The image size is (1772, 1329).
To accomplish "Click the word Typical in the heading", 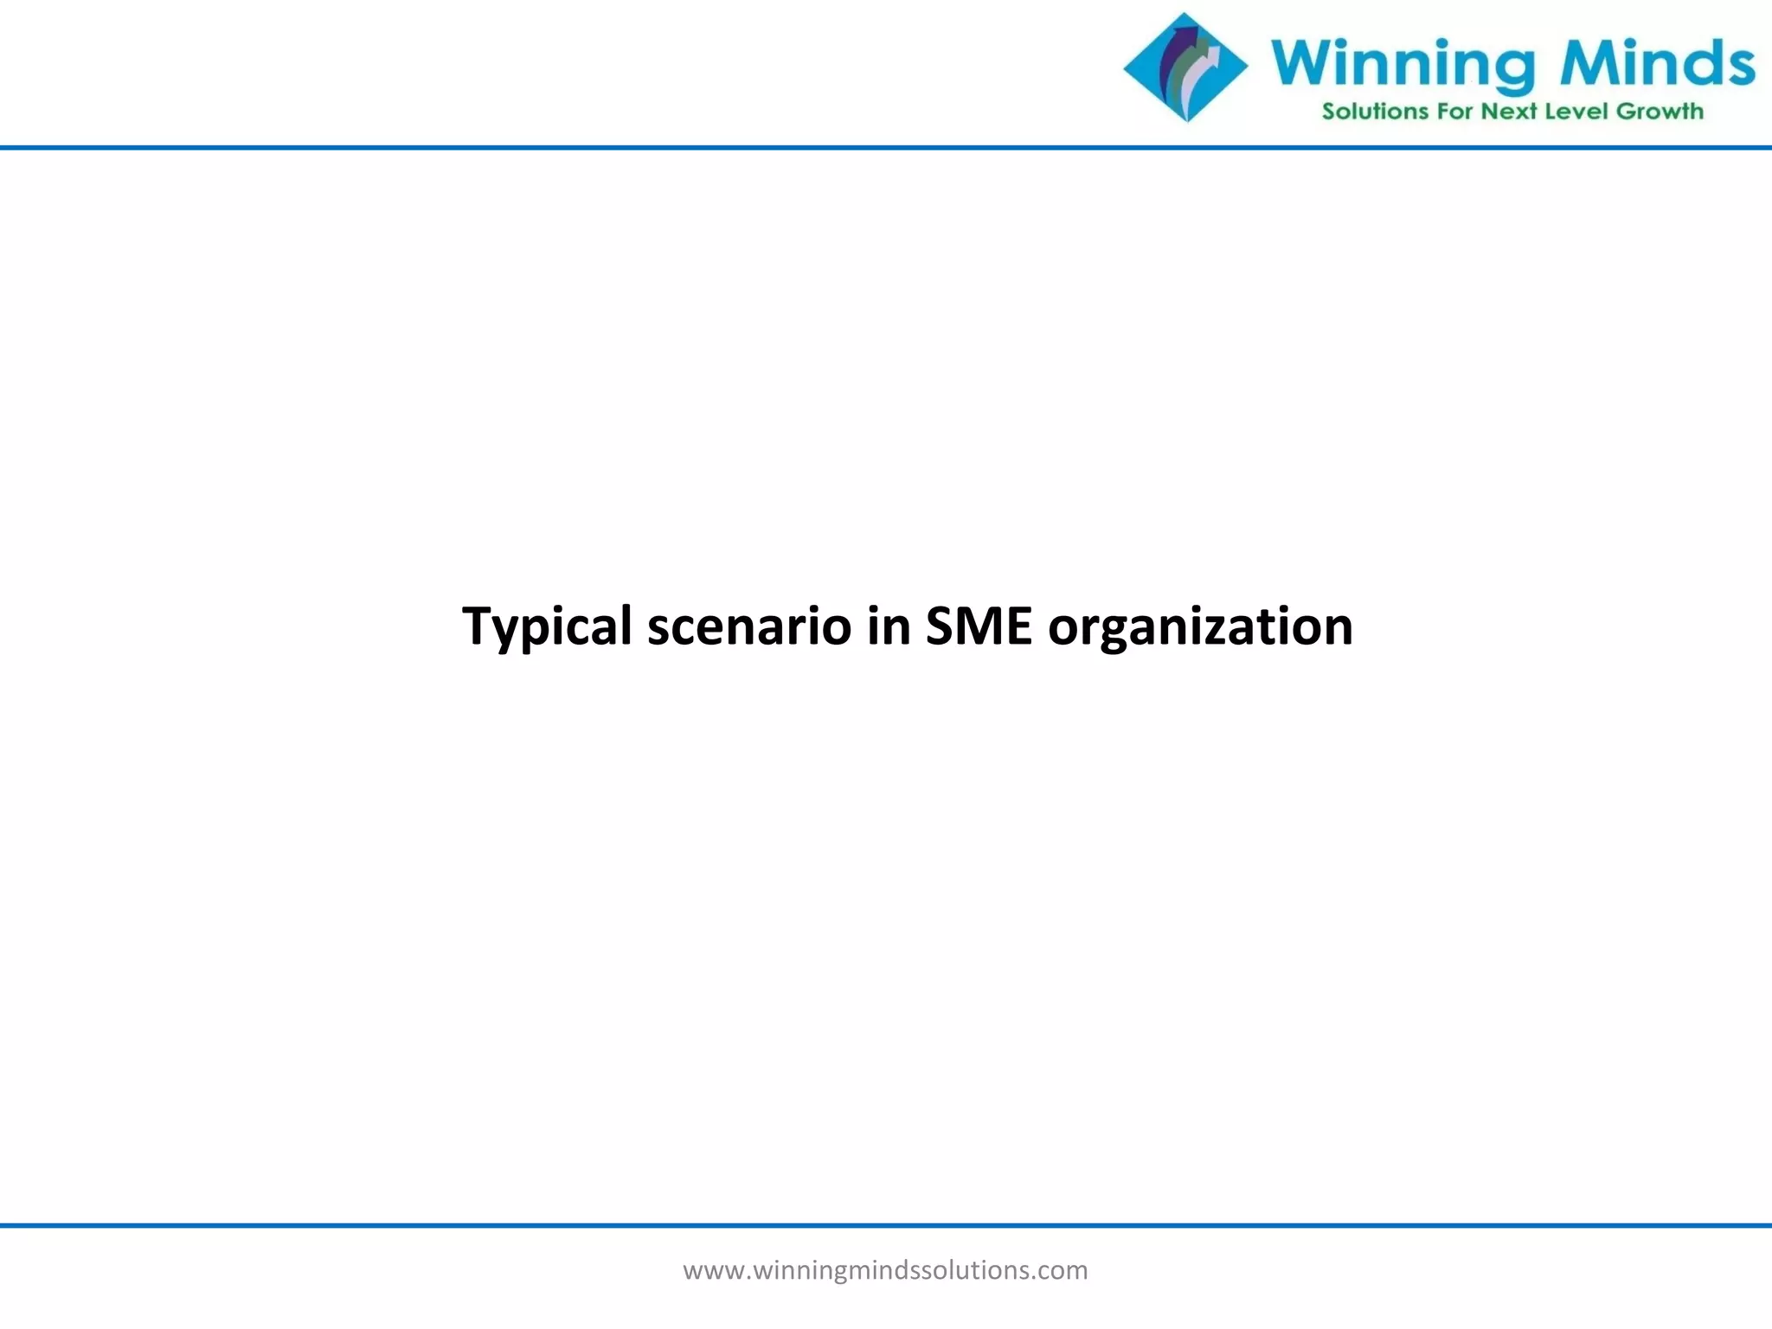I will pyautogui.click(x=547, y=626).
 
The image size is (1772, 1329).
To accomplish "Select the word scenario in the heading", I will pyautogui.click(x=749, y=626).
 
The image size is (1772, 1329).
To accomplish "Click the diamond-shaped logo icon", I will pyautogui.click(x=1185, y=67).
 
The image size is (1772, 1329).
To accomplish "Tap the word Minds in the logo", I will pyautogui.click(x=1657, y=62).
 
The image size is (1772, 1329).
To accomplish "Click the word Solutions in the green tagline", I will pyautogui.click(x=1375, y=112).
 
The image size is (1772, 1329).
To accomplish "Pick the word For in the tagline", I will pyautogui.click(x=1454, y=112).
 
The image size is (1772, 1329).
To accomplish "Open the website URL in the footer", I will pyautogui.click(x=885, y=1270).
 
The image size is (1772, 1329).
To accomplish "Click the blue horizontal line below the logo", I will pyautogui.click(x=886, y=148).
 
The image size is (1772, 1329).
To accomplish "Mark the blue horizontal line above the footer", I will pyautogui.click(x=886, y=1225).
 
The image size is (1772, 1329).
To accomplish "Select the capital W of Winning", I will pyautogui.click(x=1301, y=62).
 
